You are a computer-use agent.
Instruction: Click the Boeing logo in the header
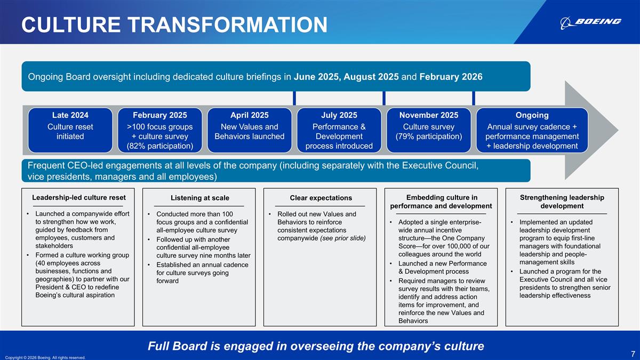[591, 22]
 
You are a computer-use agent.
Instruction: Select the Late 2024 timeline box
[70, 131]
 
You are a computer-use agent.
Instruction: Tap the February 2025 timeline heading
[160, 115]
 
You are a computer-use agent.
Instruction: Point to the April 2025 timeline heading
[250, 115]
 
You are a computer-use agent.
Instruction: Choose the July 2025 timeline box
[339, 131]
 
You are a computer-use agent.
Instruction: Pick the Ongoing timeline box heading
[532, 115]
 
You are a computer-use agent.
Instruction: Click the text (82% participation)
[160, 146]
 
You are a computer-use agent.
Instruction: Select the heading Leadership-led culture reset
[78, 197]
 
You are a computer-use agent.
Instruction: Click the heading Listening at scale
[200, 198]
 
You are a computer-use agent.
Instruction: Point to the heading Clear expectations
[321, 198]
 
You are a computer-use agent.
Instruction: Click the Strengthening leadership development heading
[562, 202]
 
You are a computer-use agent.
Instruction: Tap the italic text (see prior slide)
[342, 238]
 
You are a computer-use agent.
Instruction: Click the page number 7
[633, 354]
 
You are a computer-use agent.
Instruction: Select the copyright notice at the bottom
[44, 357]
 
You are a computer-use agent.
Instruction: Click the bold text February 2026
[451, 76]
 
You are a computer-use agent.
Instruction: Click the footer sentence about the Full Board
[316, 346]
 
